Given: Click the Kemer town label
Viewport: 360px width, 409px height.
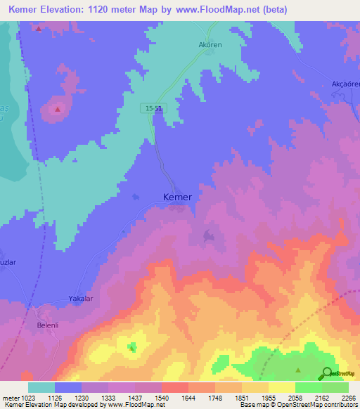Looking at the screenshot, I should tap(177, 197).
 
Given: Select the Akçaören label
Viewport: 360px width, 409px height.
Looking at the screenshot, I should tap(345, 84).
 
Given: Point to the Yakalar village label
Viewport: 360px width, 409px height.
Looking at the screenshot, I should tap(81, 299).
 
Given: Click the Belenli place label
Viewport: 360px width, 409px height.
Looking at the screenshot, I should tap(50, 325).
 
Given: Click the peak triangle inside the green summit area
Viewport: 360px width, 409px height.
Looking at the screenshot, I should tap(298, 370).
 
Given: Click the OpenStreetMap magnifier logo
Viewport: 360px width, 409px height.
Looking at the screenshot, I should tap(327, 373).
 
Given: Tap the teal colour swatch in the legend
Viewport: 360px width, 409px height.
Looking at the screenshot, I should tap(41, 387).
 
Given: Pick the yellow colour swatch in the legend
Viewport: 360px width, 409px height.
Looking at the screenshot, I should tap(282, 387).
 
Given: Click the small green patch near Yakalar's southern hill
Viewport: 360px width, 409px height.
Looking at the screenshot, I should tap(132, 346).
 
